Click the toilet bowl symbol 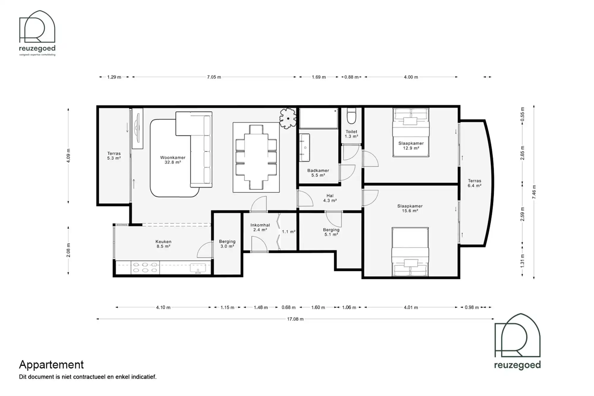coord(351,116)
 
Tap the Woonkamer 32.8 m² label coord(173,160)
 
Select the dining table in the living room coord(256,157)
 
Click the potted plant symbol coord(288,118)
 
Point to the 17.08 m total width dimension coord(295,319)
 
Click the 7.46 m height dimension coord(534,192)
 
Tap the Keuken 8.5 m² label coord(163,244)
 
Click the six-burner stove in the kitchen coord(145,267)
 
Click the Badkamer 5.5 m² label coord(318,173)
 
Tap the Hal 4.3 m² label coord(330,198)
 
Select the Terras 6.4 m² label coord(474,183)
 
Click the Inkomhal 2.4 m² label coord(260,227)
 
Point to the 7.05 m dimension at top coord(214,77)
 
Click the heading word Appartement coord(51,364)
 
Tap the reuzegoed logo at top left coord(37,33)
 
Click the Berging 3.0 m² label coord(227,244)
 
